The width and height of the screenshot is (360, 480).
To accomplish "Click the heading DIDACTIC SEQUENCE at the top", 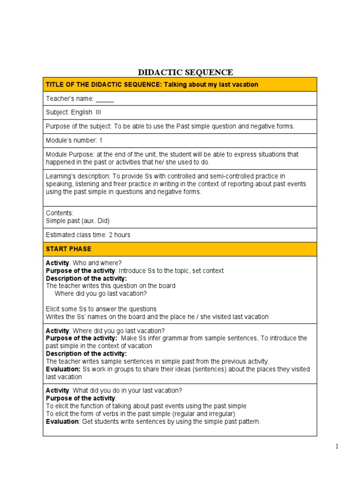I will click(x=185, y=72).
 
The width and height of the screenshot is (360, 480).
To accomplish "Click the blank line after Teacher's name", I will click(x=105, y=99).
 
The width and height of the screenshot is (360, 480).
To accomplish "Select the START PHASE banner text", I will click(x=68, y=249).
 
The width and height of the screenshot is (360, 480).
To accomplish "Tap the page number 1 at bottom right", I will click(x=337, y=447).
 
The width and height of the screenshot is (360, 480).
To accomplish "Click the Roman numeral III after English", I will click(x=98, y=112).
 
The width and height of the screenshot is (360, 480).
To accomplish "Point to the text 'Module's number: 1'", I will click(x=74, y=141).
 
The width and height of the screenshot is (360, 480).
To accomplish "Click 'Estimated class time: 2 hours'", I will click(x=88, y=235).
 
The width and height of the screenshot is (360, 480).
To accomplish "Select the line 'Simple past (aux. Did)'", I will click(x=77, y=221).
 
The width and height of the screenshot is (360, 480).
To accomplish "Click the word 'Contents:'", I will click(x=60, y=213).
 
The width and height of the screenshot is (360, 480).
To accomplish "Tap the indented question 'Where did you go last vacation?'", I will click(x=101, y=293).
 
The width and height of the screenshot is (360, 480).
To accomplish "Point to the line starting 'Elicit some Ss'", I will click(x=101, y=309).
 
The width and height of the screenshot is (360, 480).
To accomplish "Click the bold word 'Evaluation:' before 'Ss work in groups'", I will click(x=63, y=369).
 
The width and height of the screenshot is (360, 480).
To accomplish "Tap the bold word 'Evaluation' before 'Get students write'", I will click(x=62, y=421).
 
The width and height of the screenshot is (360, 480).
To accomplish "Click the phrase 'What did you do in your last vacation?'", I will click(x=127, y=390).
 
